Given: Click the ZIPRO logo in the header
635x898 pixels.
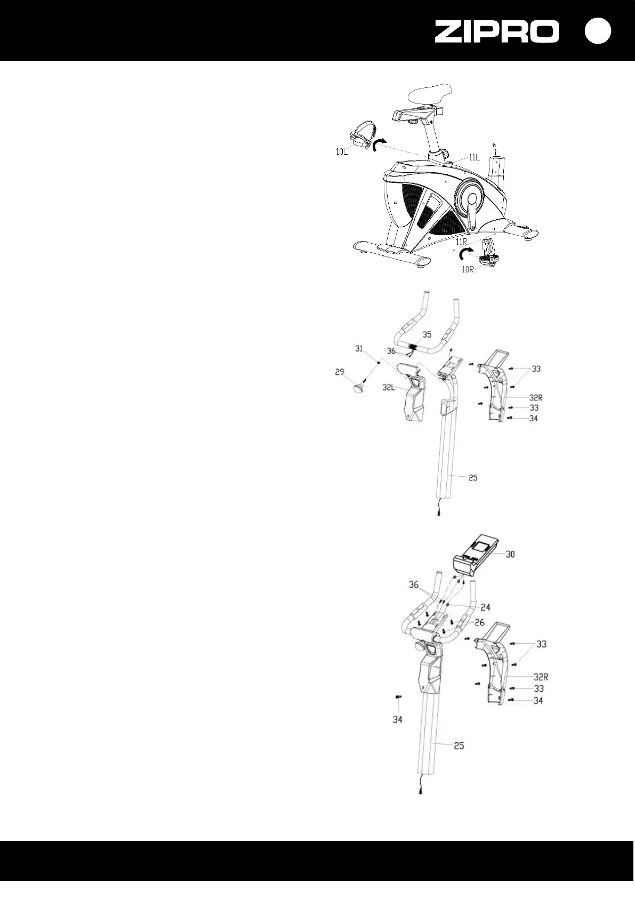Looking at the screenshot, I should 496,31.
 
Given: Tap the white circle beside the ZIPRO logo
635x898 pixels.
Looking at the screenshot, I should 597,31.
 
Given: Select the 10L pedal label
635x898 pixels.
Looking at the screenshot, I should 342,151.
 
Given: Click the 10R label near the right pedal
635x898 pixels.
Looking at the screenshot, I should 468,269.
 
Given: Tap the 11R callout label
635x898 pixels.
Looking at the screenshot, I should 462,242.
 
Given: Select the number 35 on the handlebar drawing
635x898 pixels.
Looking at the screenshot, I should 427,335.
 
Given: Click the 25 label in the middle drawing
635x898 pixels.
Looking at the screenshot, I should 473,478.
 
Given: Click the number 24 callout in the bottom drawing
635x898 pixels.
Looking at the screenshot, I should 485,607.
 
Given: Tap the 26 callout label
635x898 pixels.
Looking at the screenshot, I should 479,623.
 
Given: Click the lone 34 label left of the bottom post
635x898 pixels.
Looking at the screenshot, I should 397,719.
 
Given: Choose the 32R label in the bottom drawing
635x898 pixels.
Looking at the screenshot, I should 541,677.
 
